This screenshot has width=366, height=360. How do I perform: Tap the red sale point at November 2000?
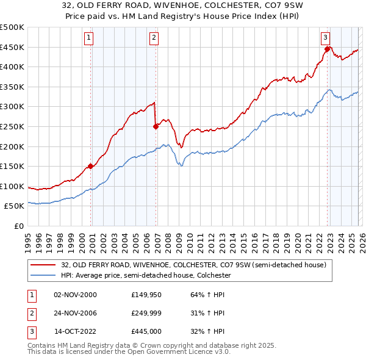pyautogui.click(x=91, y=166)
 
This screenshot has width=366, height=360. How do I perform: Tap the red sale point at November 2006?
pyautogui.click(x=156, y=126)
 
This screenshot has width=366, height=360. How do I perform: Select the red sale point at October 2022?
pyautogui.click(x=328, y=49)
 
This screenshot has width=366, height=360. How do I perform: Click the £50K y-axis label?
pyautogui.click(x=15, y=206)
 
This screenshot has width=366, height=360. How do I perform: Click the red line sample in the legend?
pyautogui.click(x=43, y=265)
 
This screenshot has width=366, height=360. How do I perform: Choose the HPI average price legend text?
pyautogui.click(x=146, y=275)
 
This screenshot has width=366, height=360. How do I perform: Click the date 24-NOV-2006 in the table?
pyautogui.click(x=75, y=313)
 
